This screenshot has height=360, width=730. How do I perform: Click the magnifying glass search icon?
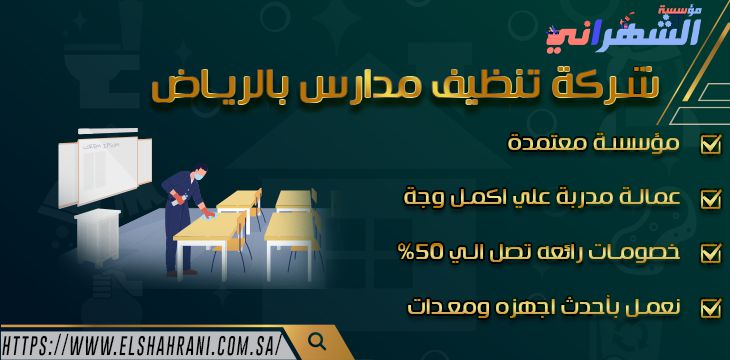tap(317, 341)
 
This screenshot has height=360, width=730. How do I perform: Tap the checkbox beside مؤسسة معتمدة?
tap(710, 145)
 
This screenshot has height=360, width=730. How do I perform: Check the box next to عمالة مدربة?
tap(710, 198)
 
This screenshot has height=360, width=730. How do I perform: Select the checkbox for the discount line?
tap(710, 252)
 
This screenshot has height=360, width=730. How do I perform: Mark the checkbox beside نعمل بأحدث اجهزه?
tap(710, 307)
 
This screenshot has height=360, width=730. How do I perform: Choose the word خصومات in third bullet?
tap(631, 252)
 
